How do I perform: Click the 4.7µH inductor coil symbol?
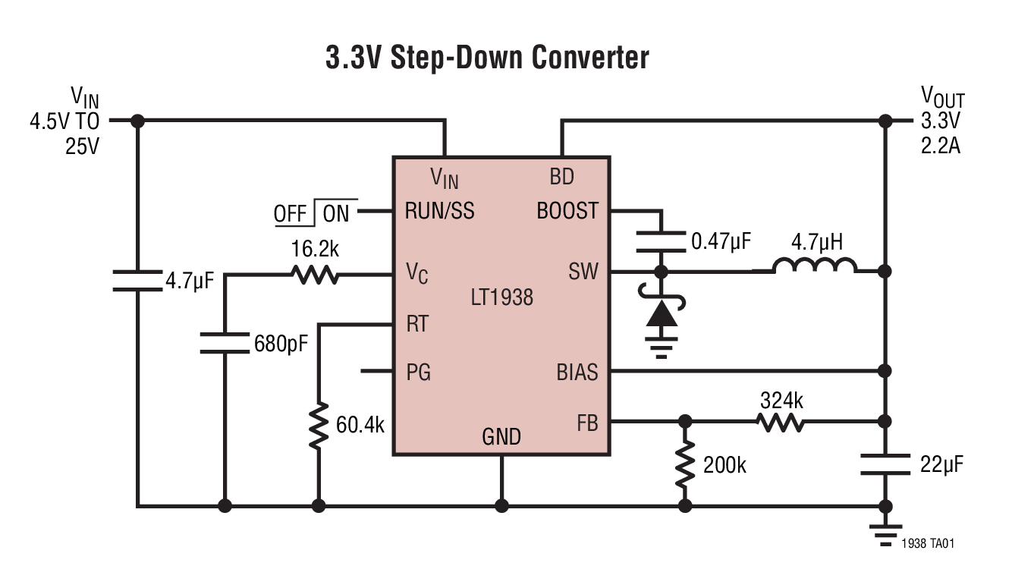(x=815, y=266)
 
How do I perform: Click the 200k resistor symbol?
(x=685, y=464)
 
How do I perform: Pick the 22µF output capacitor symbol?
(x=885, y=464)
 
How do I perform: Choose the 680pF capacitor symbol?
(x=225, y=343)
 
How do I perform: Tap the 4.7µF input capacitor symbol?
(x=137, y=281)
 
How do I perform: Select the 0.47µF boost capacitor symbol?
(x=661, y=242)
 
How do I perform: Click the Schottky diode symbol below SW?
(x=661, y=313)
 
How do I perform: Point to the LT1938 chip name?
(x=501, y=297)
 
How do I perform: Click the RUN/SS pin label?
(x=440, y=211)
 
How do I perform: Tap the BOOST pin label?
(x=567, y=211)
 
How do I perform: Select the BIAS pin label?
(x=577, y=373)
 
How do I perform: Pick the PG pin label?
(x=418, y=373)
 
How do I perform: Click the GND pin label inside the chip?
(x=501, y=437)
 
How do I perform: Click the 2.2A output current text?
(x=940, y=145)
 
